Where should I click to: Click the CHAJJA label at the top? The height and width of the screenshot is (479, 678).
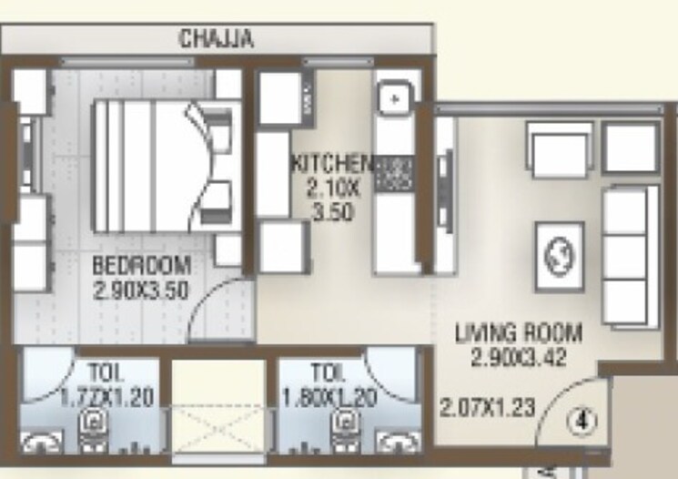coord(216,39)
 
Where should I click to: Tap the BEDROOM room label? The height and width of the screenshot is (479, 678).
coord(143,267)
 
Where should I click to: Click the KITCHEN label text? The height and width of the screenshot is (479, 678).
coord(331,164)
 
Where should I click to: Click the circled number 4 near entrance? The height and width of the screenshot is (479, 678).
coord(581,421)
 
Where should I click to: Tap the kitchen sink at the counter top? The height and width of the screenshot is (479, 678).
coord(392,98)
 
